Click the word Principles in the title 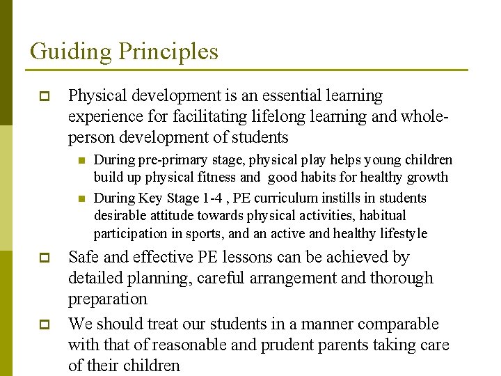pos(168,52)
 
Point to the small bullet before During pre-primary pos(81,161)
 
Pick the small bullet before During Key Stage pos(81,199)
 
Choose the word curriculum pos(277,198)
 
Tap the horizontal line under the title pos(247,70)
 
